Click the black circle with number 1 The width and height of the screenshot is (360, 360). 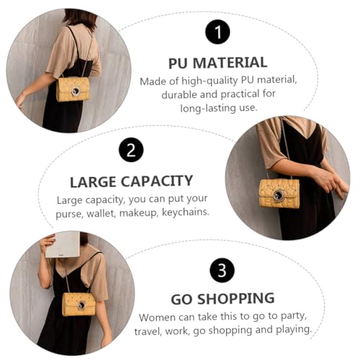pyautogui.click(x=217, y=32)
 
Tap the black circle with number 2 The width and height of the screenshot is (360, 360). pyautogui.click(x=131, y=150)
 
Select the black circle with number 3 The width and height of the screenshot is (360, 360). pyautogui.click(x=222, y=270)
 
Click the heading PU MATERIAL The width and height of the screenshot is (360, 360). pyautogui.click(x=218, y=63)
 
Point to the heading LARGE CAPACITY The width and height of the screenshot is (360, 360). pyautogui.click(x=131, y=181)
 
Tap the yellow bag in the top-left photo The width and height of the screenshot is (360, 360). pyautogui.click(x=73, y=89)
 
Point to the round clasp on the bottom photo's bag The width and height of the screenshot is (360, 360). pyautogui.click(x=81, y=305)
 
